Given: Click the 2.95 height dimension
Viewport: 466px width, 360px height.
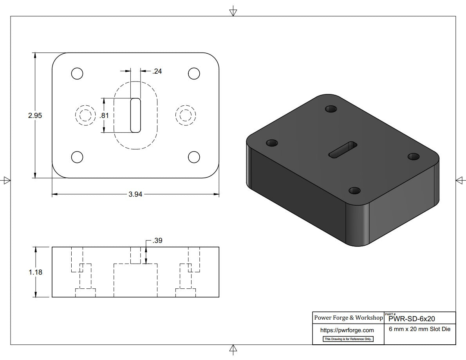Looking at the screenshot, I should (35, 116).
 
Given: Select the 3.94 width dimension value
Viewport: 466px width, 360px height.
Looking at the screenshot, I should (135, 194).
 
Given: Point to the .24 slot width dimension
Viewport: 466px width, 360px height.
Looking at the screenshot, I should (157, 71).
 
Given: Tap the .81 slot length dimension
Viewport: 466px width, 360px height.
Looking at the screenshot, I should (104, 116).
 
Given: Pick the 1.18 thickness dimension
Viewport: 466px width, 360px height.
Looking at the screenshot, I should (35, 272).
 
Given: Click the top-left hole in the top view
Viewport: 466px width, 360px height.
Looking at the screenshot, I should (77, 73).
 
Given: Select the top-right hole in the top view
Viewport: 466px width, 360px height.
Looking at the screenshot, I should (194, 73).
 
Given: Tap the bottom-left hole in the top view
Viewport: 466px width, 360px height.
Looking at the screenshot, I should (77, 157).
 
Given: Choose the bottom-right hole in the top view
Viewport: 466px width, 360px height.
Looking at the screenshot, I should (194, 157).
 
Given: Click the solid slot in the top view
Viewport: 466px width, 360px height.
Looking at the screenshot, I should (135, 115).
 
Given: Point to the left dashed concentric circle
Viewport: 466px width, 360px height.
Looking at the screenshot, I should (85, 115).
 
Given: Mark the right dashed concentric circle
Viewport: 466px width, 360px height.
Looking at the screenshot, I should (186, 115).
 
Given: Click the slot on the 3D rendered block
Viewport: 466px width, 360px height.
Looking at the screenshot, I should (343, 150).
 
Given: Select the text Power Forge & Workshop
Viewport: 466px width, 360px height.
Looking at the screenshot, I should (348, 318).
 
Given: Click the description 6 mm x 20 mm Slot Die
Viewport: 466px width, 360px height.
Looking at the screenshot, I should (419, 329).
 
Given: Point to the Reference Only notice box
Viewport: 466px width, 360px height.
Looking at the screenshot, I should (348, 339).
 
